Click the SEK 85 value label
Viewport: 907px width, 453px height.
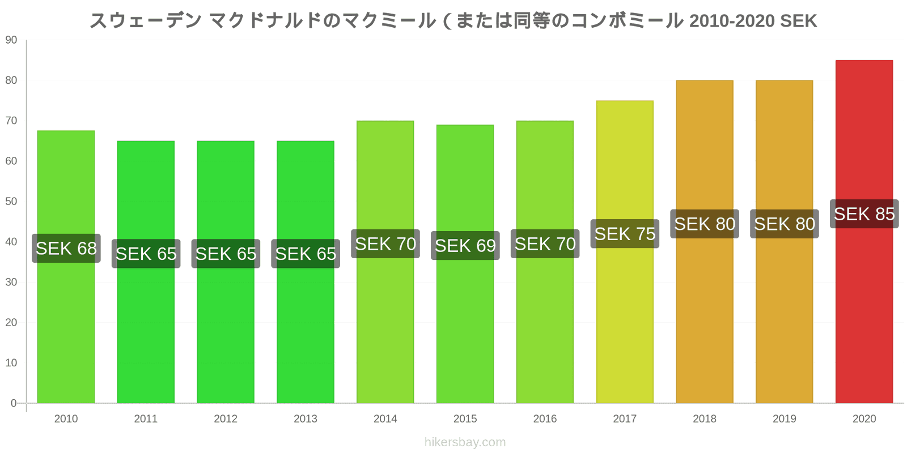click(x=864, y=214)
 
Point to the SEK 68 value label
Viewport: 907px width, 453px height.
click(x=66, y=248)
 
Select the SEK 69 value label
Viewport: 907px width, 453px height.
click(x=465, y=246)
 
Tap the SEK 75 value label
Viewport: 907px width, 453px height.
click(x=625, y=234)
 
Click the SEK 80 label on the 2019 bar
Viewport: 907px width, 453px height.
click(x=785, y=224)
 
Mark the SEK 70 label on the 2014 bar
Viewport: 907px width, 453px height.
click(x=385, y=244)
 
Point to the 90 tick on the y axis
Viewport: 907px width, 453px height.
click(x=11, y=40)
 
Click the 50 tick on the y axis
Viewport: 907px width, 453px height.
click(x=11, y=202)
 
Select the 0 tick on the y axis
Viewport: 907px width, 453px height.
click(x=14, y=403)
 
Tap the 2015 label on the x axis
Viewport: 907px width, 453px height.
click(x=465, y=419)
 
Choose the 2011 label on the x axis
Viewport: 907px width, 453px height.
click(x=146, y=419)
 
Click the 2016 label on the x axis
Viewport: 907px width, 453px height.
click(x=545, y=419)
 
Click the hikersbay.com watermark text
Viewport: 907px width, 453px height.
click(x=465, y=442)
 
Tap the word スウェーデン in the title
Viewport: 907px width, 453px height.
click(x=146, y=21)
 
